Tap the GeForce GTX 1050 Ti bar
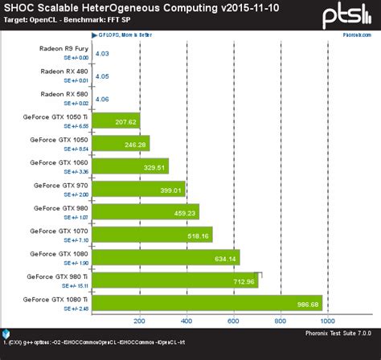(x=117, y=121)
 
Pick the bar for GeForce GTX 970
(x=139, y=189)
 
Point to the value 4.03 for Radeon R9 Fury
(x=103, y=54)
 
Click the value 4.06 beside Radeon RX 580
(x=103, y=99)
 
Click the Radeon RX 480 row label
(x=64, y=71)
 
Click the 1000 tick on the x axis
(x=326, y=321)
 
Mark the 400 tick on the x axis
(x=186, y=321)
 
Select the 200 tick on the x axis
(x=140, y=321)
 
